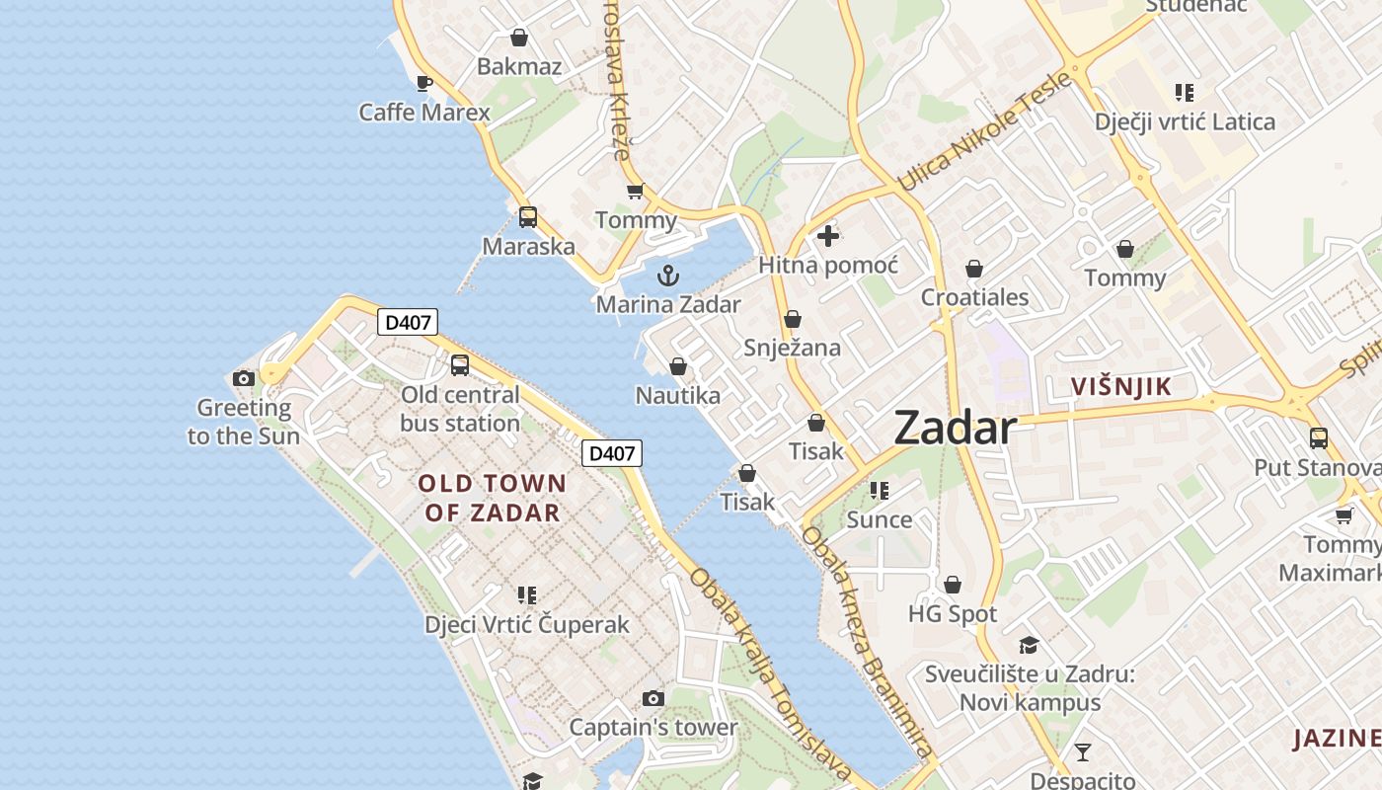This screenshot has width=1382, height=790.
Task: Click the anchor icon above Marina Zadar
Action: (x=668, y=276)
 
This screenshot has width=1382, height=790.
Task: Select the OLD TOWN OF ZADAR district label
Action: (x=493, y=498)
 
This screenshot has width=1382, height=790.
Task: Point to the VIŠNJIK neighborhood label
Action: (x=1121, y=387)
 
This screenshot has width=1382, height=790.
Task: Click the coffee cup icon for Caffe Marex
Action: (x=424, y=83)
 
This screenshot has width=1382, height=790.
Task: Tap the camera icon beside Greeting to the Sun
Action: (x=243, y=378)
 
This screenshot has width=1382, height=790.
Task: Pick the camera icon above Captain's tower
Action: (x=653, y=699)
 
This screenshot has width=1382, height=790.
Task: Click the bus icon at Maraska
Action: (x=528, y=217)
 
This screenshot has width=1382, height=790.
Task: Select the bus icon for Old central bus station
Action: (x=460, y=365)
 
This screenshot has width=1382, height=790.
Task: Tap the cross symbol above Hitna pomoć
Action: (x=828, y=236)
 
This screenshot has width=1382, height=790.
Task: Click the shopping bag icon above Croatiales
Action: (x=974, y=269)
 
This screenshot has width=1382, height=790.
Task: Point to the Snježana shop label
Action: (x=792, y=348)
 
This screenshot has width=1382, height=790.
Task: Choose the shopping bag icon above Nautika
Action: (x=678, y=366)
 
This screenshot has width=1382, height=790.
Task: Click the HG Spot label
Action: (x=953, y=614)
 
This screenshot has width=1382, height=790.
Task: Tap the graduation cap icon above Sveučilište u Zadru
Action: (x=1029, y=645)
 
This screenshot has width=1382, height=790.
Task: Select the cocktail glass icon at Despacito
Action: (x=1083, y=752)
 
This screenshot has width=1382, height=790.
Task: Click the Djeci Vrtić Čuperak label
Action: (x=526, y=625)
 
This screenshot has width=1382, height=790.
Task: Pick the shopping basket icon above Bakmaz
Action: (x=519, y=38)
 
